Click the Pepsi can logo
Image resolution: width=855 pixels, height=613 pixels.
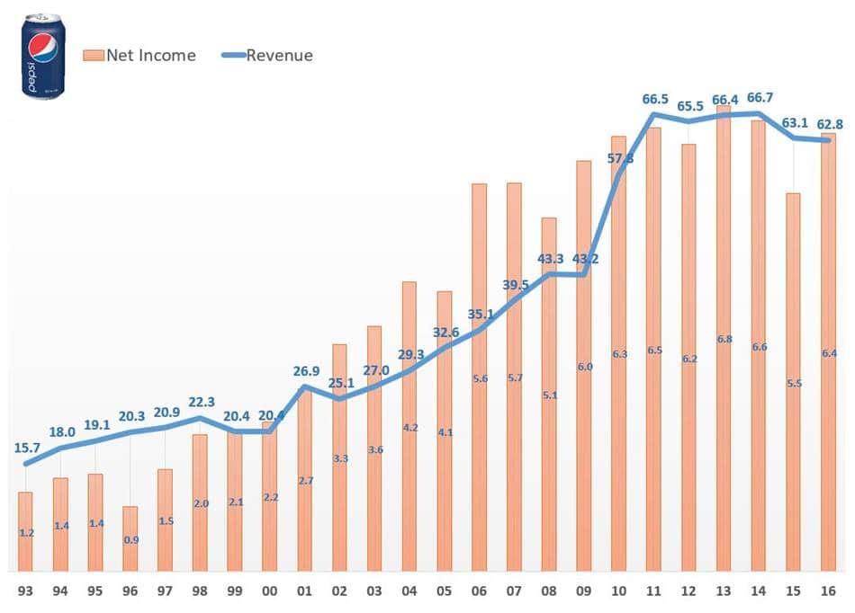(42, 56)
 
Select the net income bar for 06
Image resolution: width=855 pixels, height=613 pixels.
(479, 377)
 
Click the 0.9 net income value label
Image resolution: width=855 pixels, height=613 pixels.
(130, 540)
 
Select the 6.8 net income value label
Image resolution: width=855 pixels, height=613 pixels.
(724, 340)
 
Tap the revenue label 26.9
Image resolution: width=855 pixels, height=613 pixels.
(304, 371)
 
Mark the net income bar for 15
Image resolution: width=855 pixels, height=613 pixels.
(793, 382)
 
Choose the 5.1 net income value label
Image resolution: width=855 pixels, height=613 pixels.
(549, 395)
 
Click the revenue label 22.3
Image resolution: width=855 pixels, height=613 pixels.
(200, 402)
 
